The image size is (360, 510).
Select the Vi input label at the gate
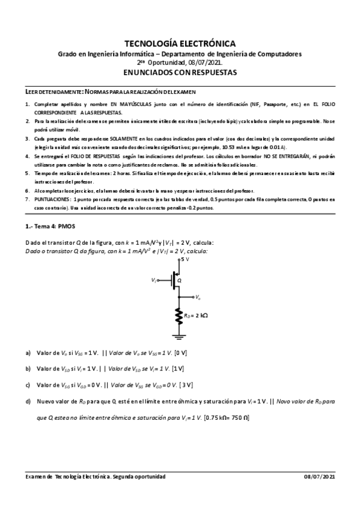tap(155, 280)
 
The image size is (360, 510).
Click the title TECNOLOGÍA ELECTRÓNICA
tap(180, 43)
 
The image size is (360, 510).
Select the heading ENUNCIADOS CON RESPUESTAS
tap(180, 72)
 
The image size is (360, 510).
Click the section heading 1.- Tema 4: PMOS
tap(50, 228)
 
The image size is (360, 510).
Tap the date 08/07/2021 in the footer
tap(321, 476)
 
